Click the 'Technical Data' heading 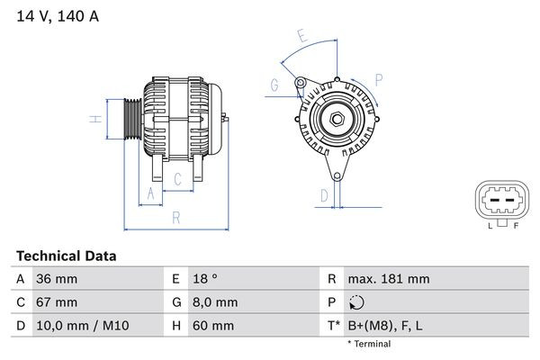pos(66,256)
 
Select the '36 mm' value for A pos(55,279)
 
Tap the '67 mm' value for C pos(55,302)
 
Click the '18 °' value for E pos(203,279)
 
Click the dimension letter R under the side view pos(176,217)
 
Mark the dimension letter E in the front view pos(303,37)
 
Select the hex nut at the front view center pos(333,120)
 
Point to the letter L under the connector pos(491,226)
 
